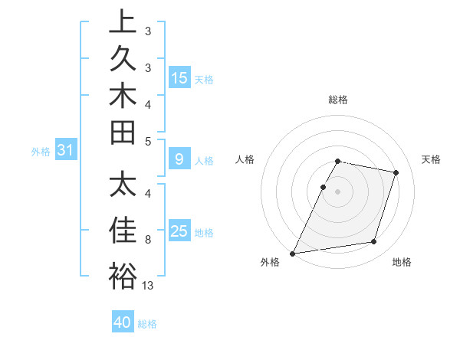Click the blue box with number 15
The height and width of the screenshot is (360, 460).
point(179,77)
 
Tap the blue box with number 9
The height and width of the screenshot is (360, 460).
point(179,159)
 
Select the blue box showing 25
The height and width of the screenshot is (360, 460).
point(179,231)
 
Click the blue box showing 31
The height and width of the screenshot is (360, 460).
point(66,151)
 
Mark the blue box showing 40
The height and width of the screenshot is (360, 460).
point(123,322)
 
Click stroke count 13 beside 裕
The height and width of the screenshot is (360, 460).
point(148,286)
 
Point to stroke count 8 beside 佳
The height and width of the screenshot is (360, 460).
point(148,240)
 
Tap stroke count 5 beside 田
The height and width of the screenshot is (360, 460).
point(148,141)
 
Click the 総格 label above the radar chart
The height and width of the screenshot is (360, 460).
point(337,100)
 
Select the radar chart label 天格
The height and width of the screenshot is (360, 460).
point(431,159)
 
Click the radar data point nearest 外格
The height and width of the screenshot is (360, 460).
point(293,254)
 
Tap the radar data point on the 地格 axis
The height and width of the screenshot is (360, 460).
point(374,242)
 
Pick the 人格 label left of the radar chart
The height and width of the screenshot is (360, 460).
point(245,159)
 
